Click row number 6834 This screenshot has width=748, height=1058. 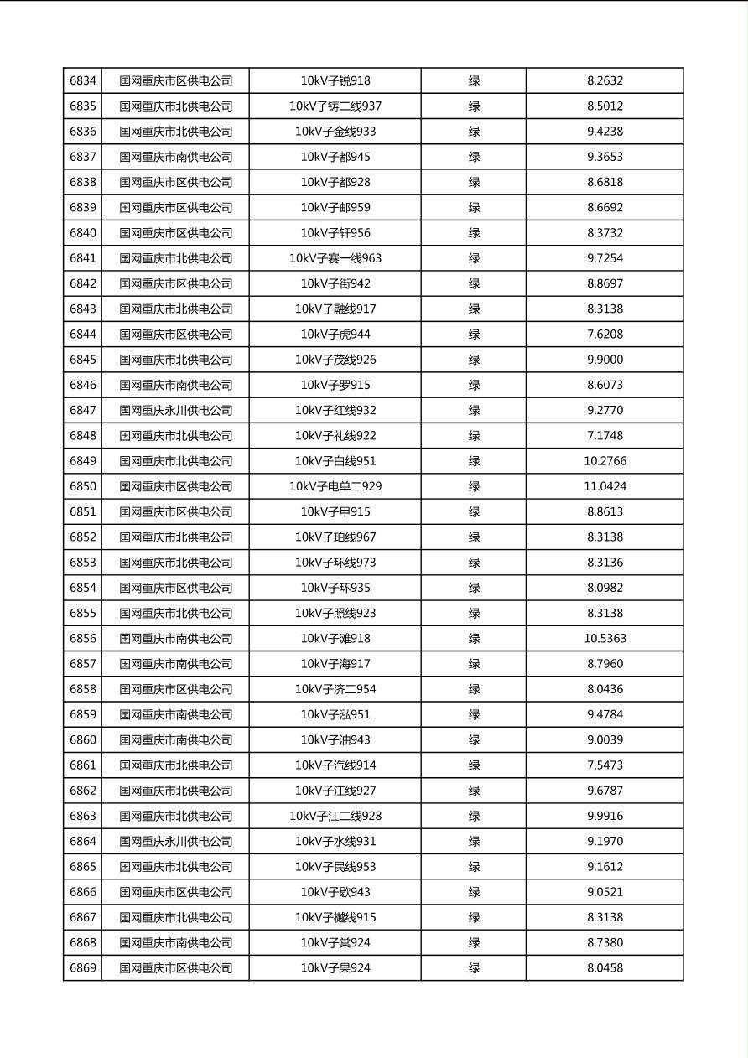point(83,81)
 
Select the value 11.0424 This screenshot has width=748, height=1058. point(605,486)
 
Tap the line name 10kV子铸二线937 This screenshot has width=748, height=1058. point(335,106)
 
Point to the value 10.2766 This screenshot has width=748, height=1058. point(605,461)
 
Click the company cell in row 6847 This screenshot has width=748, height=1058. point(175,411)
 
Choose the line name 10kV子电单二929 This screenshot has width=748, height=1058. point(335,486)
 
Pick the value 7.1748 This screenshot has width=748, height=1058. point(605,436)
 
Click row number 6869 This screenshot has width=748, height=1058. point(83,968)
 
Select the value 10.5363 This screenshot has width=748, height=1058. point(605,639)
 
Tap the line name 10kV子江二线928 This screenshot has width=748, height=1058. point(335,816)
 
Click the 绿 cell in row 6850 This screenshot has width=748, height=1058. point(474,486)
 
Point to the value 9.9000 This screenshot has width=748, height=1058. point(605,360)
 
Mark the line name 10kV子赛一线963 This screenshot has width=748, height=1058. point(335,258)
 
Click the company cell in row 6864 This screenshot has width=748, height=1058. point(175,842)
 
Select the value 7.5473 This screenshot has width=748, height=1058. point(605,765)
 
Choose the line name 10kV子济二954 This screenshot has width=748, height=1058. point(335,689)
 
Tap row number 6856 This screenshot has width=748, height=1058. point(83,639)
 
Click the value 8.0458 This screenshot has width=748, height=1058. point(605,968)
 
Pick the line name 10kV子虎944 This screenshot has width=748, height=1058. point(335,335)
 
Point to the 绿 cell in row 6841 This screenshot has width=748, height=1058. point(474,258)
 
